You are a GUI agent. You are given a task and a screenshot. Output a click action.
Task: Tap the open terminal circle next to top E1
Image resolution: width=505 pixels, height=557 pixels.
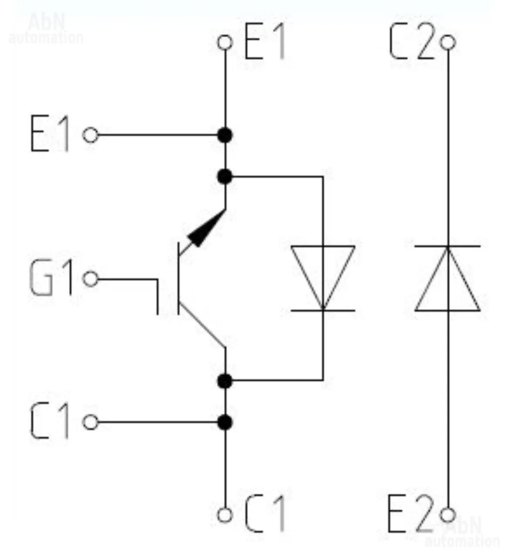pos(225,42)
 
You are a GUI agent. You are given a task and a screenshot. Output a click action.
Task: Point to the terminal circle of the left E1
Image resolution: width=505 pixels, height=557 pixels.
pos(91,135)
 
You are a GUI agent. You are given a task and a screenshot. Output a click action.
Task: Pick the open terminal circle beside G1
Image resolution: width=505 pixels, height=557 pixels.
pos(91,279)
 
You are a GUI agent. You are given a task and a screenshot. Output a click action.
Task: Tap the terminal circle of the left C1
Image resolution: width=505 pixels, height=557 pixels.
pos(91,423)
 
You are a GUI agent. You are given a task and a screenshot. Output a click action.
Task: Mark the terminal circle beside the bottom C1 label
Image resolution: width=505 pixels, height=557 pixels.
pos(225,515)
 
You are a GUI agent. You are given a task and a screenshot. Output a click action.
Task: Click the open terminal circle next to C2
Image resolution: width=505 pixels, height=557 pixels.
pos(448,42)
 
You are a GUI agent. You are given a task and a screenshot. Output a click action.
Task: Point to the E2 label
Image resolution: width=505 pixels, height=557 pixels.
pos(410,514)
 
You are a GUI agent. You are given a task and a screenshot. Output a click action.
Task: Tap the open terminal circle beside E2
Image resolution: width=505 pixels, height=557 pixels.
pos(448,515)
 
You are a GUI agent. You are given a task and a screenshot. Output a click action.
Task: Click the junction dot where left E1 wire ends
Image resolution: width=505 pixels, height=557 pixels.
pos(225,135)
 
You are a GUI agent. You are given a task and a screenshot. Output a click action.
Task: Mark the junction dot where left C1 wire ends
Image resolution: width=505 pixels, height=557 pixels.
pos(225,423)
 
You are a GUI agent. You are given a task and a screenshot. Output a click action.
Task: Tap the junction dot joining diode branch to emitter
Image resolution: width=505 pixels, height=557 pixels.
pos(225,177)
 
